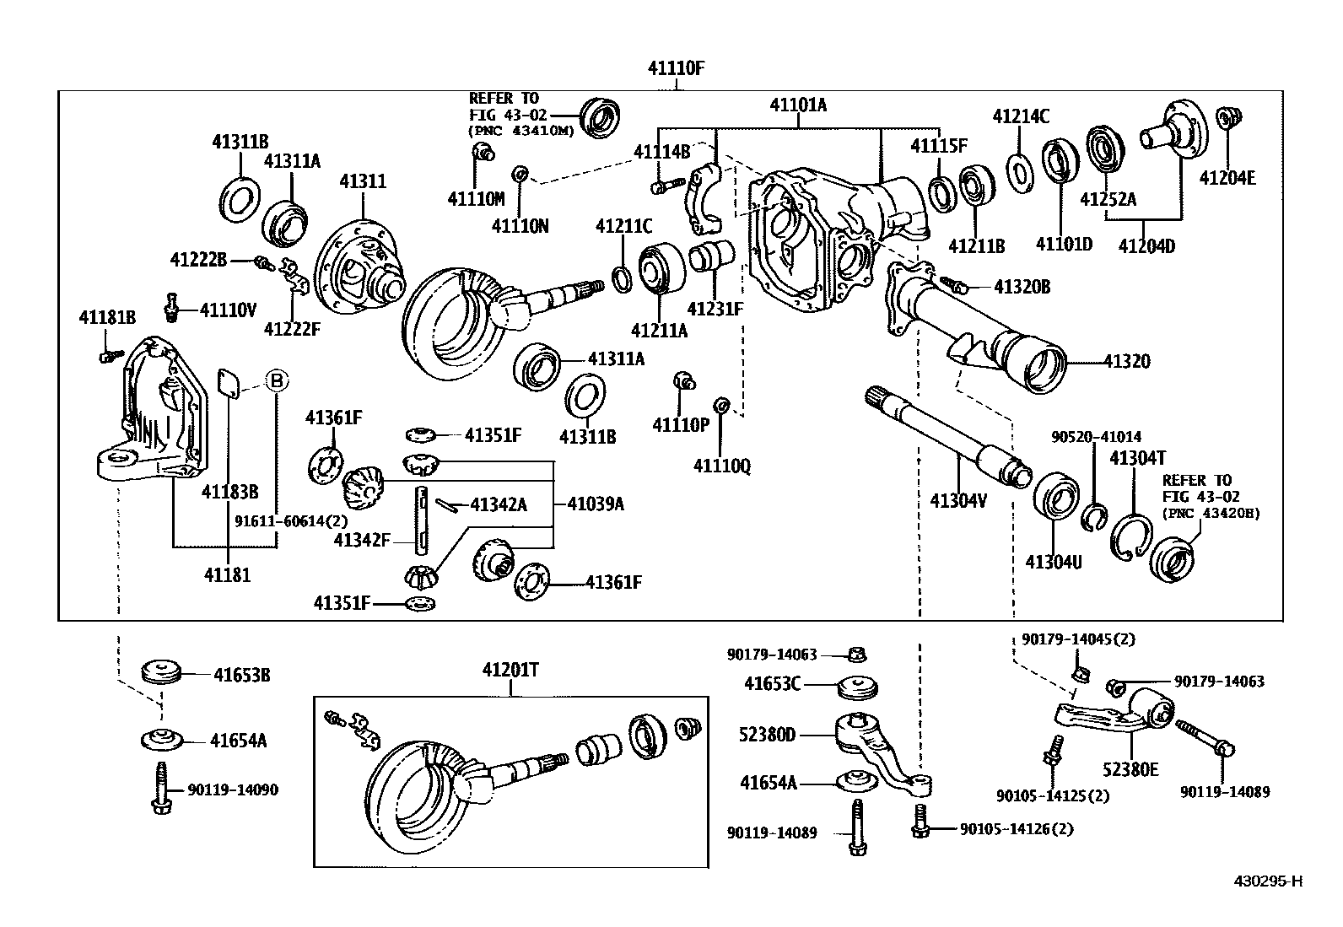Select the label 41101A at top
tap(798, 105)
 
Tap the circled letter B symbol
tap(277, 380)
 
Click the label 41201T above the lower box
tap(510, 671)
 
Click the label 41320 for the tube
tap(1127, 361)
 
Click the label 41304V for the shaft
tap(958, 500)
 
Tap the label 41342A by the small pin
tap(499, 504)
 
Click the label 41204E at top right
tap(1227, 179)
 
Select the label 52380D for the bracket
tap(767, 735)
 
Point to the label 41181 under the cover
tap(227, 576)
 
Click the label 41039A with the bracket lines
tap(596, 504)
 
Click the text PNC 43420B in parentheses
tap(1211, 513)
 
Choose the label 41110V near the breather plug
tap(228, 310)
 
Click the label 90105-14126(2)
tap(1017, 829)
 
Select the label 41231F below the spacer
tap(715, 309)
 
